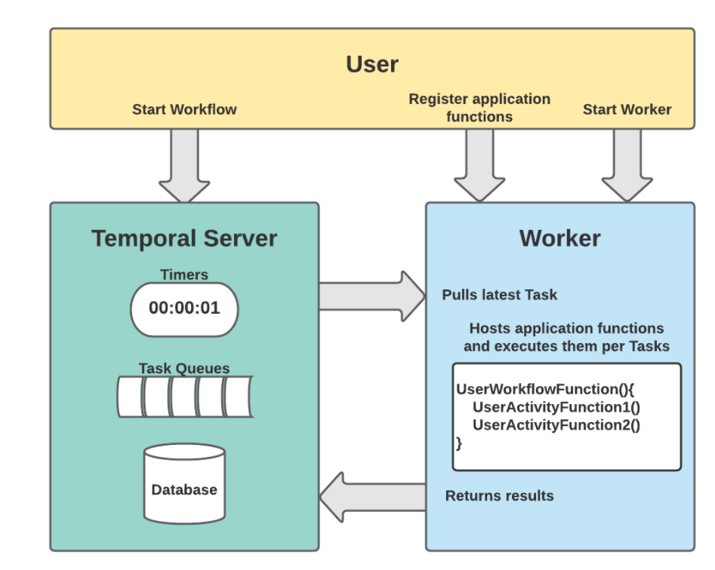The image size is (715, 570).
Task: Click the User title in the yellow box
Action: [x=371, y=64]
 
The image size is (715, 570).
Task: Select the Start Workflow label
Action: [x=184, y=109]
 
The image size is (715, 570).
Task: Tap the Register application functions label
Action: [x=479, y=107]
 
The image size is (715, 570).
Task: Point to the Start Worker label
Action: [x=627, y=109]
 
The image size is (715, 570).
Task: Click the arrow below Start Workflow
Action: [x=184, y=166]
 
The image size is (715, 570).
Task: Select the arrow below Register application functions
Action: [x=479, y=166]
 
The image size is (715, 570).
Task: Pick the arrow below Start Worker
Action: [x=627, y=166]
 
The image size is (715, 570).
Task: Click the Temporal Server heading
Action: [x=184, y=238]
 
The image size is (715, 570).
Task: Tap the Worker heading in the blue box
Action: [x=559, y=238]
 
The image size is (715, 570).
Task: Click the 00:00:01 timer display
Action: [x=184, y=308]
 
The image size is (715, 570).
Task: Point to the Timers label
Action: [x=184, y=274]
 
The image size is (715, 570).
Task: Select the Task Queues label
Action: [x=184, y=369]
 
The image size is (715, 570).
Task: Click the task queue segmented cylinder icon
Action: [x=184, y=397]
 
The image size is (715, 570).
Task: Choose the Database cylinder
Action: [x=184, y=484]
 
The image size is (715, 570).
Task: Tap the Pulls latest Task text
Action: [x=500, y=295]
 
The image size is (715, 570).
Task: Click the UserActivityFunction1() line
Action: [x=556, y=407]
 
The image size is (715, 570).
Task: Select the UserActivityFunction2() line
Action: [x=556, y=424]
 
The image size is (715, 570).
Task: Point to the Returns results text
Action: [x=500, y=496]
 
